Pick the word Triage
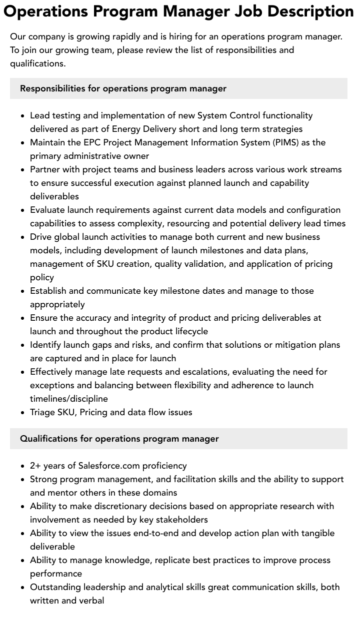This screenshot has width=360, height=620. click(x=42, y=412)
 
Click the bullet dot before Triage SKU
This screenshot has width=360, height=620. click(x=22, y=413)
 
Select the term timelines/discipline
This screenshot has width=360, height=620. click(x=69, y=399)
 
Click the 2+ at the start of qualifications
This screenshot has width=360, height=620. click(x=35, y=466)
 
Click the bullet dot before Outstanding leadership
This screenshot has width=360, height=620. click(x=22, y=588)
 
